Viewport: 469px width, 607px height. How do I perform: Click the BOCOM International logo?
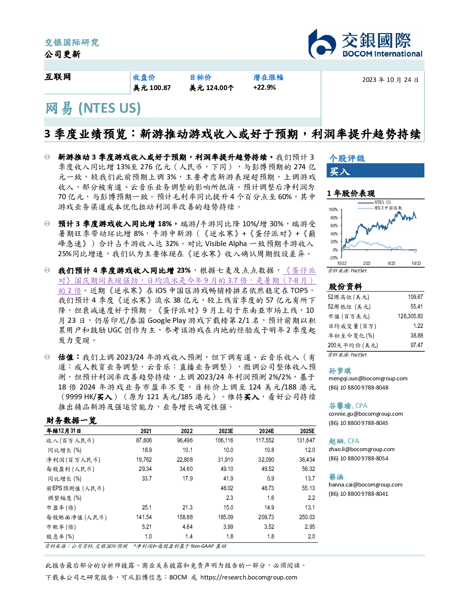pos(365,44)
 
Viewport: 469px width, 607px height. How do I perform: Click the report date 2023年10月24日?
pos(390,80)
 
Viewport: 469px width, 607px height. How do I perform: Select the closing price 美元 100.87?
pos(152,88)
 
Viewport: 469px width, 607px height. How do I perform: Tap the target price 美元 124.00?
pos(212,88)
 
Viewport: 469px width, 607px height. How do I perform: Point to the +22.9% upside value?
pos(264,87)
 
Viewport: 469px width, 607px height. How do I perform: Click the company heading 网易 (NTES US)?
pos(93,109)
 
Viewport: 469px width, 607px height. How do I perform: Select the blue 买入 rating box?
pos(375,171)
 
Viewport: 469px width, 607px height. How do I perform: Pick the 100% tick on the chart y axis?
pos(333,210)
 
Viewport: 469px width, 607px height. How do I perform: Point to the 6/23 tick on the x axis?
pos(391,263)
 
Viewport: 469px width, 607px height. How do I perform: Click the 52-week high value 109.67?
pos(415,297)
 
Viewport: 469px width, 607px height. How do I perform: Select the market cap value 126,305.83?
pos(410,316)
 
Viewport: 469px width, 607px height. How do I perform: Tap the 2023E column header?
pos(226,431)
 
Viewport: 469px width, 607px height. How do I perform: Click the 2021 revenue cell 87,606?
pos(144,440)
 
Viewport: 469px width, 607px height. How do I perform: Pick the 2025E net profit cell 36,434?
pos(307,459)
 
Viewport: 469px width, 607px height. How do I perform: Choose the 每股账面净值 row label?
pos(76,517)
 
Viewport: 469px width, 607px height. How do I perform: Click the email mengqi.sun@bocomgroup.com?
pos(368,378)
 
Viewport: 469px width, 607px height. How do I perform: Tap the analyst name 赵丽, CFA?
pos(343,441)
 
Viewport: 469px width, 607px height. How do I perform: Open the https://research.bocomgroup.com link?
pos(249,578)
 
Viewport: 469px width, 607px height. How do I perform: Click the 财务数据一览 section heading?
pos(72,420)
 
